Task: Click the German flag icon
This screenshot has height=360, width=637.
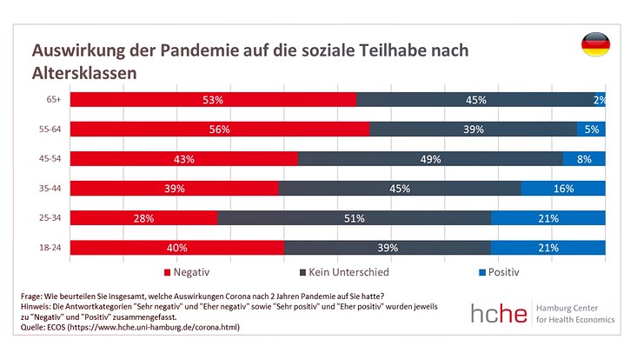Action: tap(595, 46)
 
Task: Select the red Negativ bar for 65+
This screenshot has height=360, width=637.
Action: tap(213, 100)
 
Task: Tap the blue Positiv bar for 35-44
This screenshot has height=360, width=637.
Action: tap(562, 189)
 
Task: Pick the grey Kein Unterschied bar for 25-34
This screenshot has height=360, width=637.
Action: tap(354, 218)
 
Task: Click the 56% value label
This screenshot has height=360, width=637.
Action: tap(219, 130)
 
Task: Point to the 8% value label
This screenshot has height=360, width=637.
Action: tap(584, 159)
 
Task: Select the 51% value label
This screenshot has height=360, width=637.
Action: tap(354, 218)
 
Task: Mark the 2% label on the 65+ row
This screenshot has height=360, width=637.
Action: tap(599, 100)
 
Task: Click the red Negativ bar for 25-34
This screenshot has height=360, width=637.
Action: tap(143, 218)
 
